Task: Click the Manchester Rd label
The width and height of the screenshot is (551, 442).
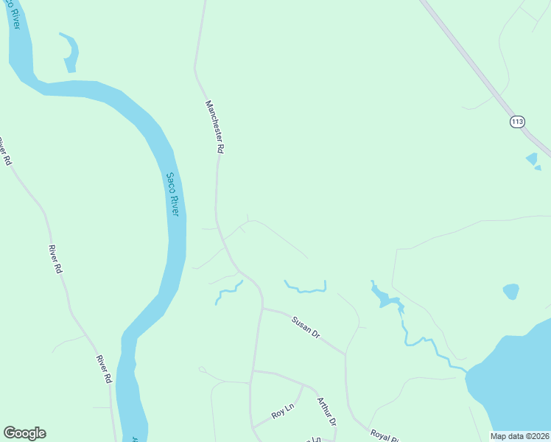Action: coord(214,126)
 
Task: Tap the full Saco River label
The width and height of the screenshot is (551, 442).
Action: coord(172,194)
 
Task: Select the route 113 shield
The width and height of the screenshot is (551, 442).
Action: coord(516,122)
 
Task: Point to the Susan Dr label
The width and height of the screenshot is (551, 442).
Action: coord(306,327)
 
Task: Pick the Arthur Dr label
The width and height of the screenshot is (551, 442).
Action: coord(326,411)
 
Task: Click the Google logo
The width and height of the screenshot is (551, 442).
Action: coord(24,433)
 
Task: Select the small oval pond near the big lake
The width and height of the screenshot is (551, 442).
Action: coord(510,291)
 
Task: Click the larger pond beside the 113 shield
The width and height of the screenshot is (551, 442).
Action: coord(531,158)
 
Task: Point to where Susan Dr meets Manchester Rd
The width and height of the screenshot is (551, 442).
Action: coord(262,309)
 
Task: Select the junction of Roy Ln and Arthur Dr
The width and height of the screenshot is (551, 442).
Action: coord(303,385)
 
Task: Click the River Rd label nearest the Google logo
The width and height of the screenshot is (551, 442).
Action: coord(102,368)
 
